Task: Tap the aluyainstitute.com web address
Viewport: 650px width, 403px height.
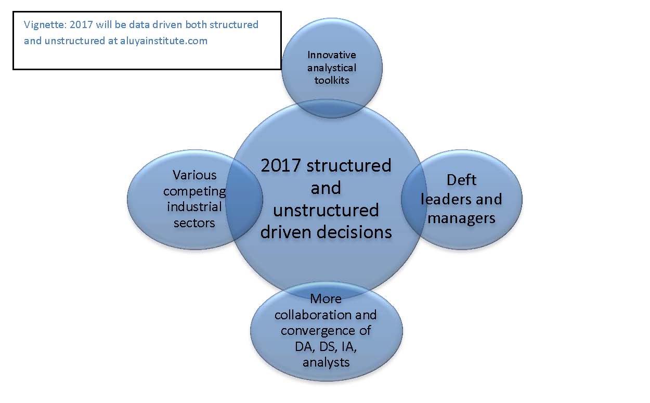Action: coord(164,41)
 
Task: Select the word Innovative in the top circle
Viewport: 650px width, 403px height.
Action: coord(332,55)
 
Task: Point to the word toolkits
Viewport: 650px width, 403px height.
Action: coord(332,80)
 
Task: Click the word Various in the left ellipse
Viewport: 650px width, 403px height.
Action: coord(194,175)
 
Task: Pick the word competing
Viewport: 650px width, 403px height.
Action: coord(194,192)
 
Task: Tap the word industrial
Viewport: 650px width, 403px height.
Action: coord(194,207)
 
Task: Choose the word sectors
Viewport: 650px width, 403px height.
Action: coord(194,223)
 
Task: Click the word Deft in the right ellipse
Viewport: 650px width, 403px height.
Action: coord(461,180)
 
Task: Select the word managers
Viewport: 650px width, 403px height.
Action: coord(461,219)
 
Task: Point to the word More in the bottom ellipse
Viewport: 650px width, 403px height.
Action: coord(326,299)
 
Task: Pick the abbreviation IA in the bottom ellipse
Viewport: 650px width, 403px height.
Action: coord(349,347)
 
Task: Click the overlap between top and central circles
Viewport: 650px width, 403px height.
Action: coord(331,109)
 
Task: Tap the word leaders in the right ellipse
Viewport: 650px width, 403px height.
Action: coord(444,199)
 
